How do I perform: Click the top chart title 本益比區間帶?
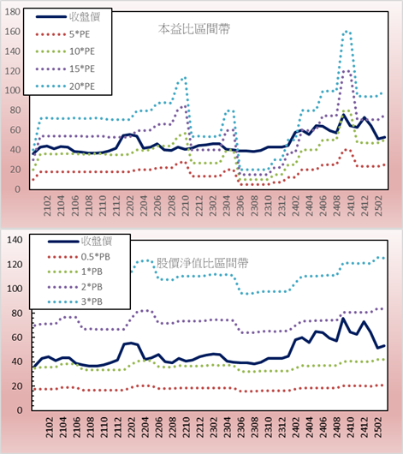(194, 29)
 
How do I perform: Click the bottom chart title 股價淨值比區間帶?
(203, 263)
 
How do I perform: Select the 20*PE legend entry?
(65, 87)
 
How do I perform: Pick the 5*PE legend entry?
(62, 34)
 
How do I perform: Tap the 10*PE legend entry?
(65, 51)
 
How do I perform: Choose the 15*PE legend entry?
(65, 69)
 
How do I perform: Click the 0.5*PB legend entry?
(79, 257)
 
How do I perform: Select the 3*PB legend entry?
(75, 302)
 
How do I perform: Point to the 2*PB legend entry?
(75, 287)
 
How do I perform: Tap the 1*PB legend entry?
(75, 272)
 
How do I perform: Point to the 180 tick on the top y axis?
(13, 12)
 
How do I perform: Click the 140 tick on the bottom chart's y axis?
(15, 240)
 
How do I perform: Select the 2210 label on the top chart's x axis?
(185, 206)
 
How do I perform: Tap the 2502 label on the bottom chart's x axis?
(378, 427)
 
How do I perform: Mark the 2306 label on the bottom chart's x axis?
(240, 427)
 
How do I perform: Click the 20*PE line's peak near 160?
(347, 32)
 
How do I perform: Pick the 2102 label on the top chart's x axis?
(47, 206)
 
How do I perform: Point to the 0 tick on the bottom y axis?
(20, 410)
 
